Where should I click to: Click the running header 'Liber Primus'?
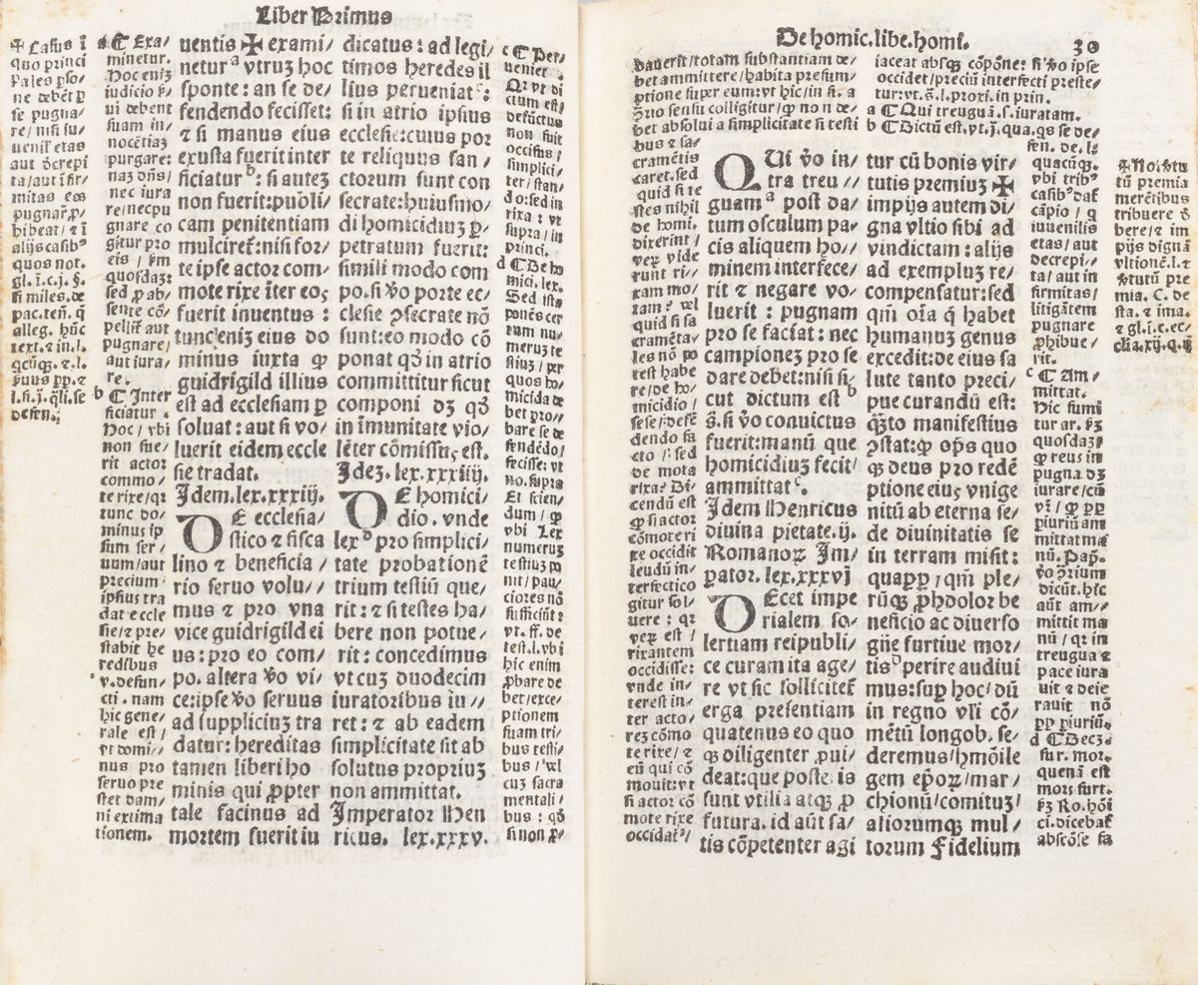pos(310,14)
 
